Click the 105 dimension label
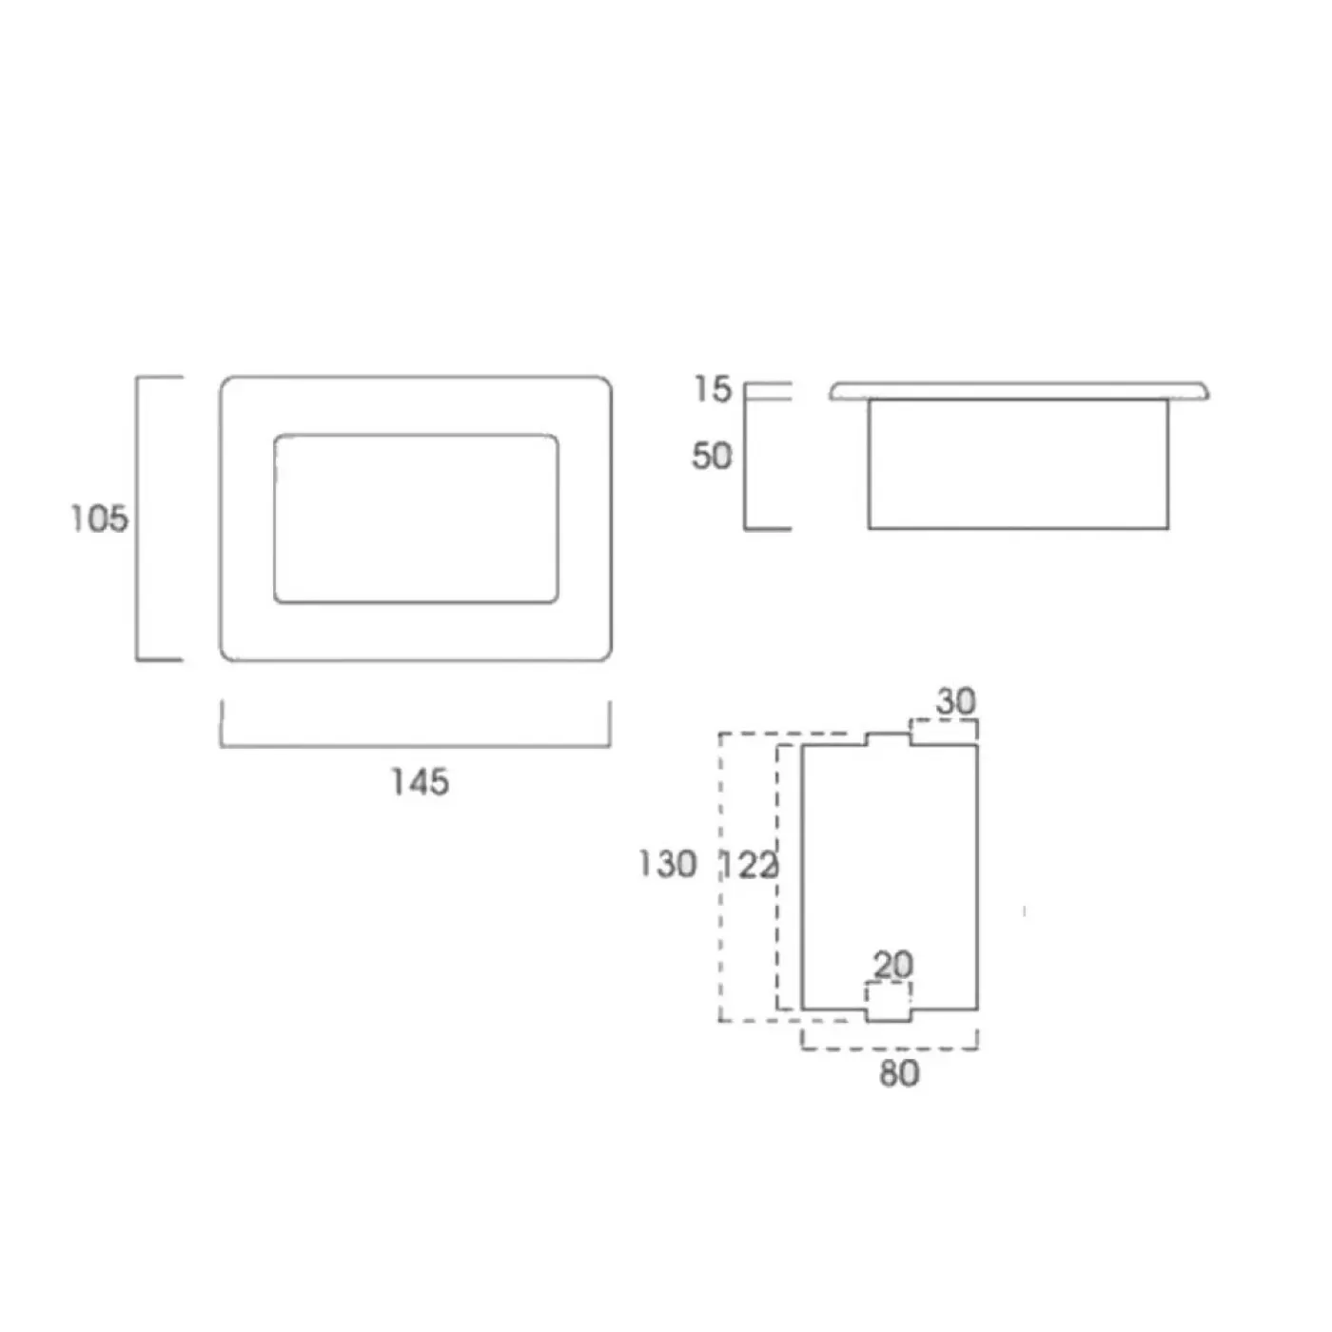click(x=100, y=519)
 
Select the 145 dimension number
click(x=421, y=782)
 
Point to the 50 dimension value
click(x=712, y=457)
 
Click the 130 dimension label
click(x=668, y=864)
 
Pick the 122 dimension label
click(x=750, y=866)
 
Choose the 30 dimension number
click(x=956, y=701)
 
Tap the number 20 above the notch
click(x=893, y=965)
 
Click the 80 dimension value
click(x=899, y=1073)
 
